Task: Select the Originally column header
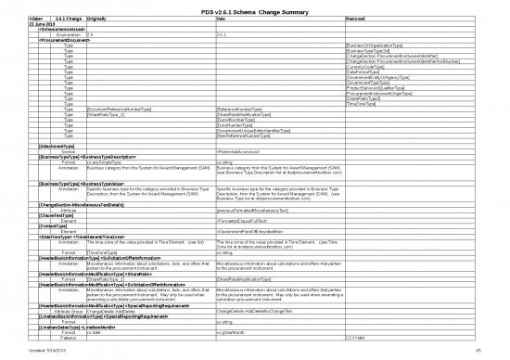tap(101, 18)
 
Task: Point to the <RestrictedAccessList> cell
tap(243, 151)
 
